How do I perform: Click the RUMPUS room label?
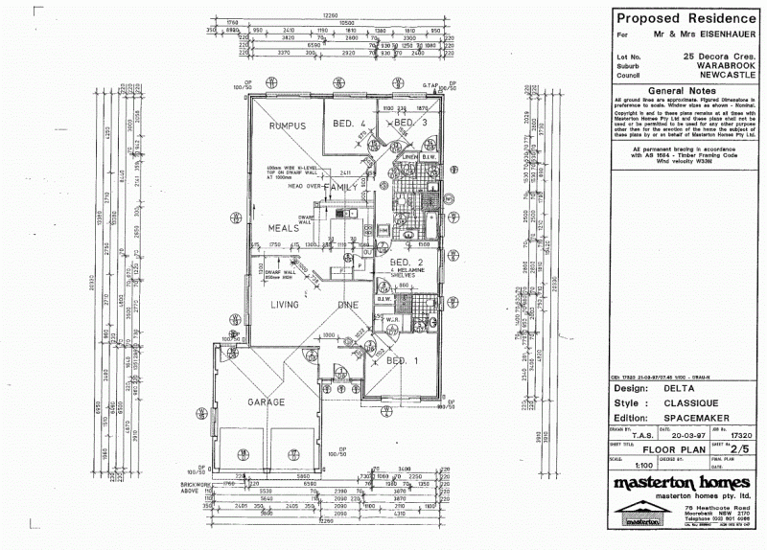pyautogui.click(x=287, y=126)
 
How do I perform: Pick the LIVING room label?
pyautogui.click(x=285, y=305)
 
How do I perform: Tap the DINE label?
pyautogui.click(x=347, y=305)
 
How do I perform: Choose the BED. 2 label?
pyautogui.click(x=407, y=262)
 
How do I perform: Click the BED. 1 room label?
pyautogui.click(x=403, y=361)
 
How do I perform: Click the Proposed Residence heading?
pyautogui.click(x=685, y=17)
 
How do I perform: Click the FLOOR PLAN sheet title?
pyautogui.click(x=675, y=447)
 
